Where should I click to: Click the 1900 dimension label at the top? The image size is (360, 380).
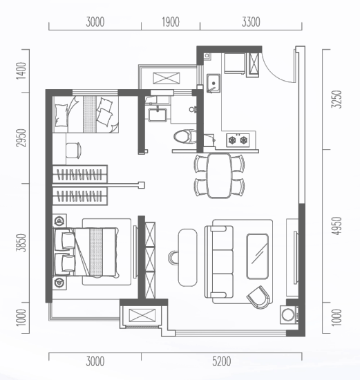pyautogui.click(x=171, y=22)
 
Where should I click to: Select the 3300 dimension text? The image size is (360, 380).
pyautogui.click(x=251, y=22)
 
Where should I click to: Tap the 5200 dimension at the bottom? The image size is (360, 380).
pyautogui.click(x=222, y=361)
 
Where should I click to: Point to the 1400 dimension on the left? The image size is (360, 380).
pyautogui.click(x=21, y=70)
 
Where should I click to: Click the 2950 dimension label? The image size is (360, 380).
pyautogui.click(x=21, y=138)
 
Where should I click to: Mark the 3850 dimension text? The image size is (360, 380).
pyautogui.click(x=21, y=243)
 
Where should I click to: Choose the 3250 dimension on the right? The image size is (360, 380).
pyautogui.click(x=337, y=99)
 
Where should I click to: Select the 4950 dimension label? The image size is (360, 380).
pyautogui.click(x=337, y=226)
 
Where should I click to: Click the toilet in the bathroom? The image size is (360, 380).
pyautogui.click(x=185, y=137)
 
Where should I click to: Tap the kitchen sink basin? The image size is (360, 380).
pyautogui.click(x=214, y=83)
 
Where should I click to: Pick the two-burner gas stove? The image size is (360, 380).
pyautogui.click(x=238, y=140)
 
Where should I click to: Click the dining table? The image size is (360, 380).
pyautogui.click(x=219, y=175)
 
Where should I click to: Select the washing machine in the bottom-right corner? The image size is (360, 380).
pyautogui.click(x=289, y=315)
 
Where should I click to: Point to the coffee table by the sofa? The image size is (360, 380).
pyautogui.click(x=258, y=256)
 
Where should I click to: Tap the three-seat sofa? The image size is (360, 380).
pyautogui.click(x=219, y=262)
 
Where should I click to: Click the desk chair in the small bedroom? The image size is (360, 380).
pyautogui.click(x=73, y=151)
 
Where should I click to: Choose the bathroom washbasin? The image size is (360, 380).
pyautogui.click(x=158, y=115)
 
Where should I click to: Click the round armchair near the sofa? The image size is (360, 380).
pyautogui.click(x=258, y=297)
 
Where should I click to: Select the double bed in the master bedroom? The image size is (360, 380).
pyautogui.click(x=86, y=252)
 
